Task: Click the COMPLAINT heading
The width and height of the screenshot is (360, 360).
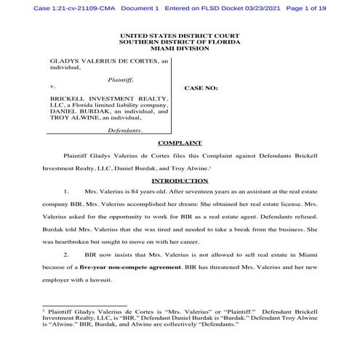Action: (179, 144)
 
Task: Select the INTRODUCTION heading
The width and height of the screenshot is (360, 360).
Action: (179, 180)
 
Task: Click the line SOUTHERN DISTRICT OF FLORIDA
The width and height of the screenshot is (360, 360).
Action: (179, 41)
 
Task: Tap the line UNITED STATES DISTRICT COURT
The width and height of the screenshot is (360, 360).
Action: (179, 34)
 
